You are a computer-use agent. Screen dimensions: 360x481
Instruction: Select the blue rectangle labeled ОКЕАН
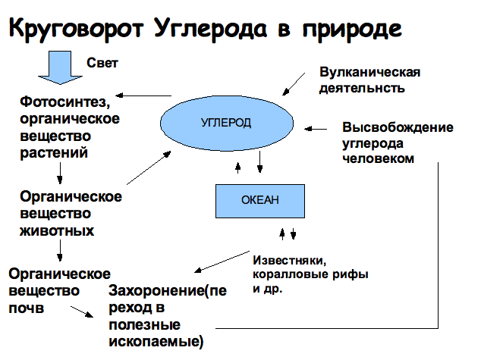tap(259, 199)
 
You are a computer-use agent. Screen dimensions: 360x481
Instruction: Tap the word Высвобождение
tap(397, 127)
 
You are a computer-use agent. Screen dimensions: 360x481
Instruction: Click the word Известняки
tap(288, 258)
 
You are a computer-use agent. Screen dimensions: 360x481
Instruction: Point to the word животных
tap(57, 230)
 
